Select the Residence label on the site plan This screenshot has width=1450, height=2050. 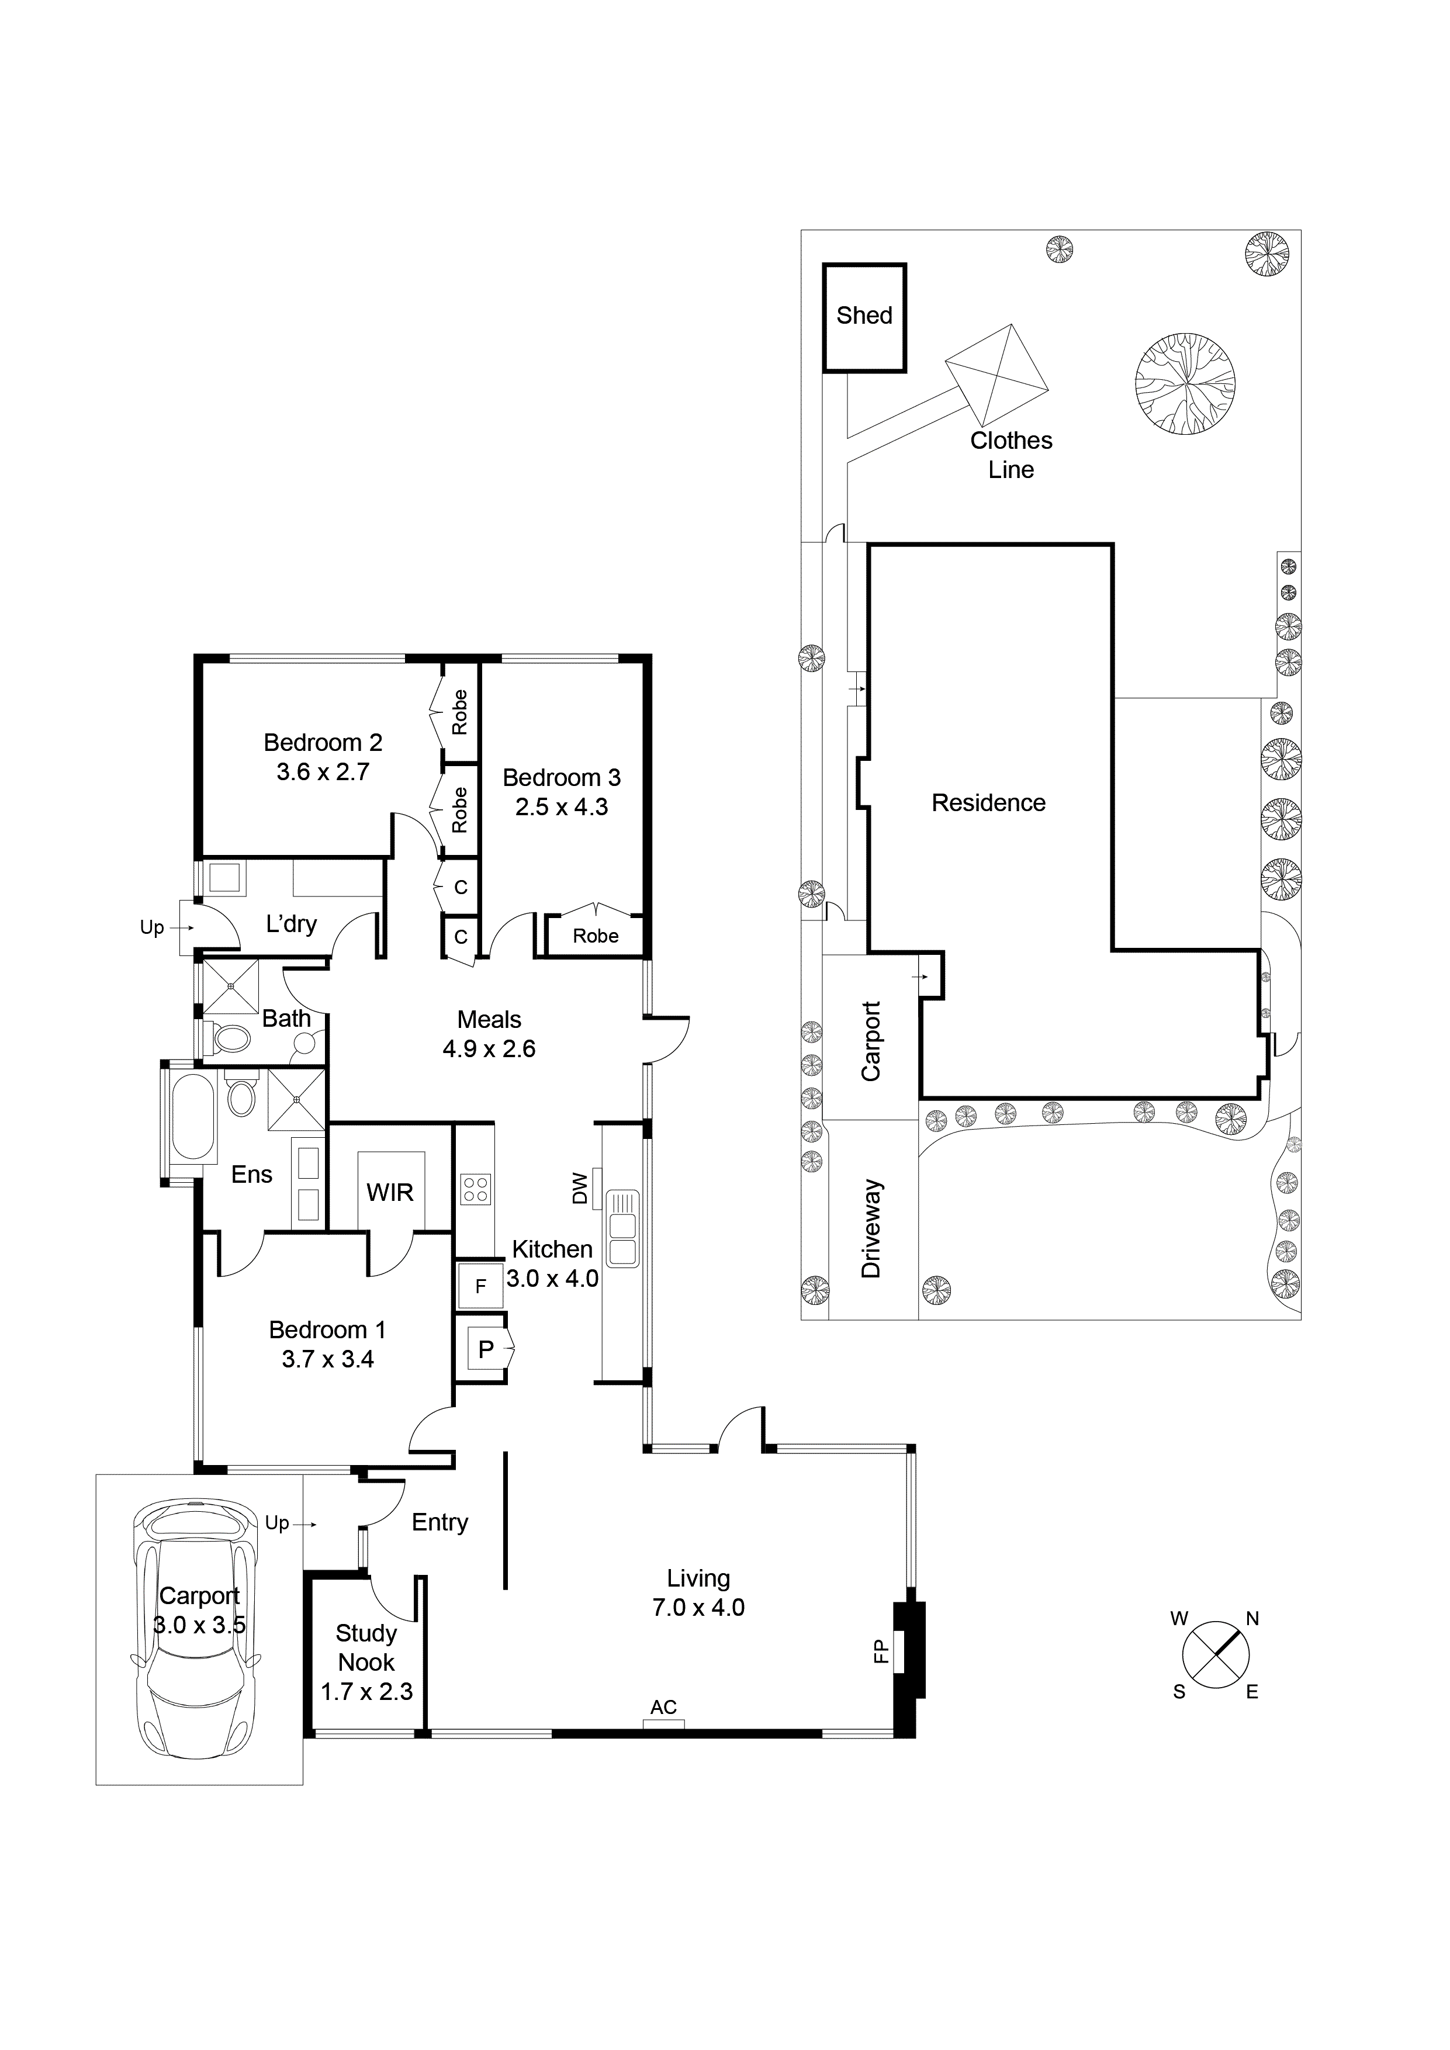tap(988, 803)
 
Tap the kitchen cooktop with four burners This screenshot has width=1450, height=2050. tap(475, 1189)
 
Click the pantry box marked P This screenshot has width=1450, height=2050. tap(486, 1349)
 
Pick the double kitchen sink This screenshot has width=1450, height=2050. tap(622, 1228)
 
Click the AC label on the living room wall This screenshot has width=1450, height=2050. tap(663, 1707)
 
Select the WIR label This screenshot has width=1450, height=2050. tap(390, 1192)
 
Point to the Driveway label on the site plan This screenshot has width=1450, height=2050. tap(871, 1228)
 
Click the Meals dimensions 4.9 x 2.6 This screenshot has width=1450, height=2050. tap(489, 1048)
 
